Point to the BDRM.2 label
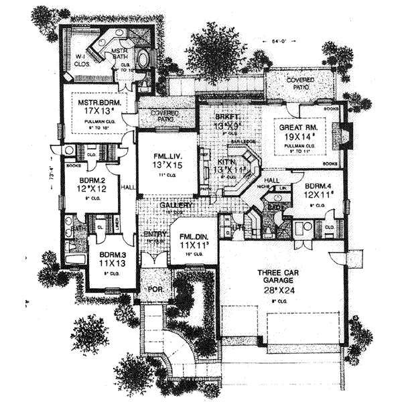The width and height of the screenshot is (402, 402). [90, 180]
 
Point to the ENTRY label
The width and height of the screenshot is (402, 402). [155, 234]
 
